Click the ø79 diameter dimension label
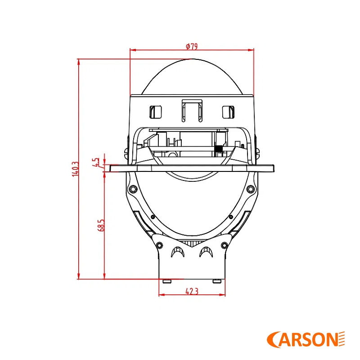coord(192,46)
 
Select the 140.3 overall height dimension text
coord(75,169)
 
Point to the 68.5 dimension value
coord(101,225)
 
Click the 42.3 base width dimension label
coord(192,291)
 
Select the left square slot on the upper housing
coord(155,111)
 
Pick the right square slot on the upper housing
coord(228,111)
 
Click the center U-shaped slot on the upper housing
coord(192,110)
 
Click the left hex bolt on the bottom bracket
coord(159,245)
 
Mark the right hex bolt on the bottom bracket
coord(224,245)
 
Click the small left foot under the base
coord(167,281)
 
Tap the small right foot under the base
coord(217,281)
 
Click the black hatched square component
coord(219,149)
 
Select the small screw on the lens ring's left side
coord(153,217)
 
